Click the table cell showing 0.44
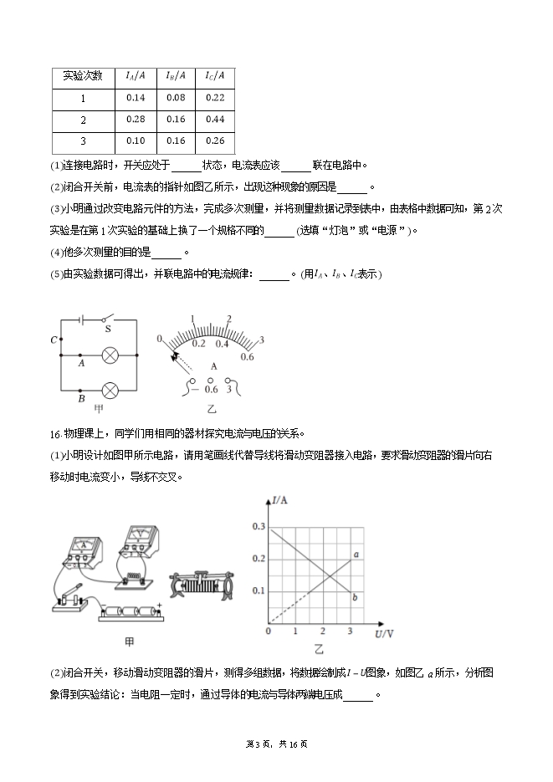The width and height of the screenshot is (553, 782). click(x=214, y=119)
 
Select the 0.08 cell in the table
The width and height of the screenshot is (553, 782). click(x=175, y=98)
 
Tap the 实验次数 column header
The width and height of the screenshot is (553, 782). click(x=82, y=76)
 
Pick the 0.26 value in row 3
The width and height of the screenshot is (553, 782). click(x=214, y=141)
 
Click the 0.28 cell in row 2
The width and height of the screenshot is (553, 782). click(x=136, y=119)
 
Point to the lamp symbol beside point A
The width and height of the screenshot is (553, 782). click(x=109, y=355)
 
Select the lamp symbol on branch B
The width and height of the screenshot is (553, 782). click(x=109, y=390)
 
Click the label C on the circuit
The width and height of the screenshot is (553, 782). click(x=54, y=340)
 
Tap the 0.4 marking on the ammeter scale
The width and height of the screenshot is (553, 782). click(x=222, y=343)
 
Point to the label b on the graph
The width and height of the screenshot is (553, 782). click(x=356, y=596)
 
